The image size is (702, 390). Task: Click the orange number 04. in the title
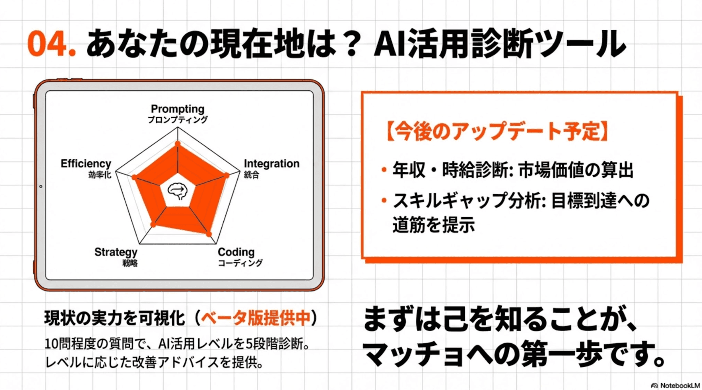click(51, 44)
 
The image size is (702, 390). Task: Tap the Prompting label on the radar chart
click(178, 109)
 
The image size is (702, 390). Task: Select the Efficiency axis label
click(86, 163)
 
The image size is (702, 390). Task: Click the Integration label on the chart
click(272, 163)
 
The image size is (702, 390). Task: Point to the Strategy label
click(116, 252)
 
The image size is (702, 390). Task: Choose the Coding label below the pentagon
click(236, 252)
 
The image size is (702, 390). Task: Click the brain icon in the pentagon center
click(178, 191)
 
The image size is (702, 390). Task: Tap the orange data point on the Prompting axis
click(178, 144)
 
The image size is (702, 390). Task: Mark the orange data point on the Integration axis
click(227, 175)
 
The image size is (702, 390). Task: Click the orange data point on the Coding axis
click(209, 234)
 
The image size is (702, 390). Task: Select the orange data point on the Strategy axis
click(153, 225)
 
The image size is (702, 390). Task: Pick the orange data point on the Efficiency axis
click(134, 177)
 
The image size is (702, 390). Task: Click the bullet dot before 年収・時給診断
click(384, 170)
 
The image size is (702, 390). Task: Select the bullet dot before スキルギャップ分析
click(384, 200)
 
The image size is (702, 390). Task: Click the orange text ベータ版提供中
click(256, 318)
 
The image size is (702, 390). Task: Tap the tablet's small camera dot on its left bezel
click(41, 186)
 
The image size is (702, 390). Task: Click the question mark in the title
click(349, 44)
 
